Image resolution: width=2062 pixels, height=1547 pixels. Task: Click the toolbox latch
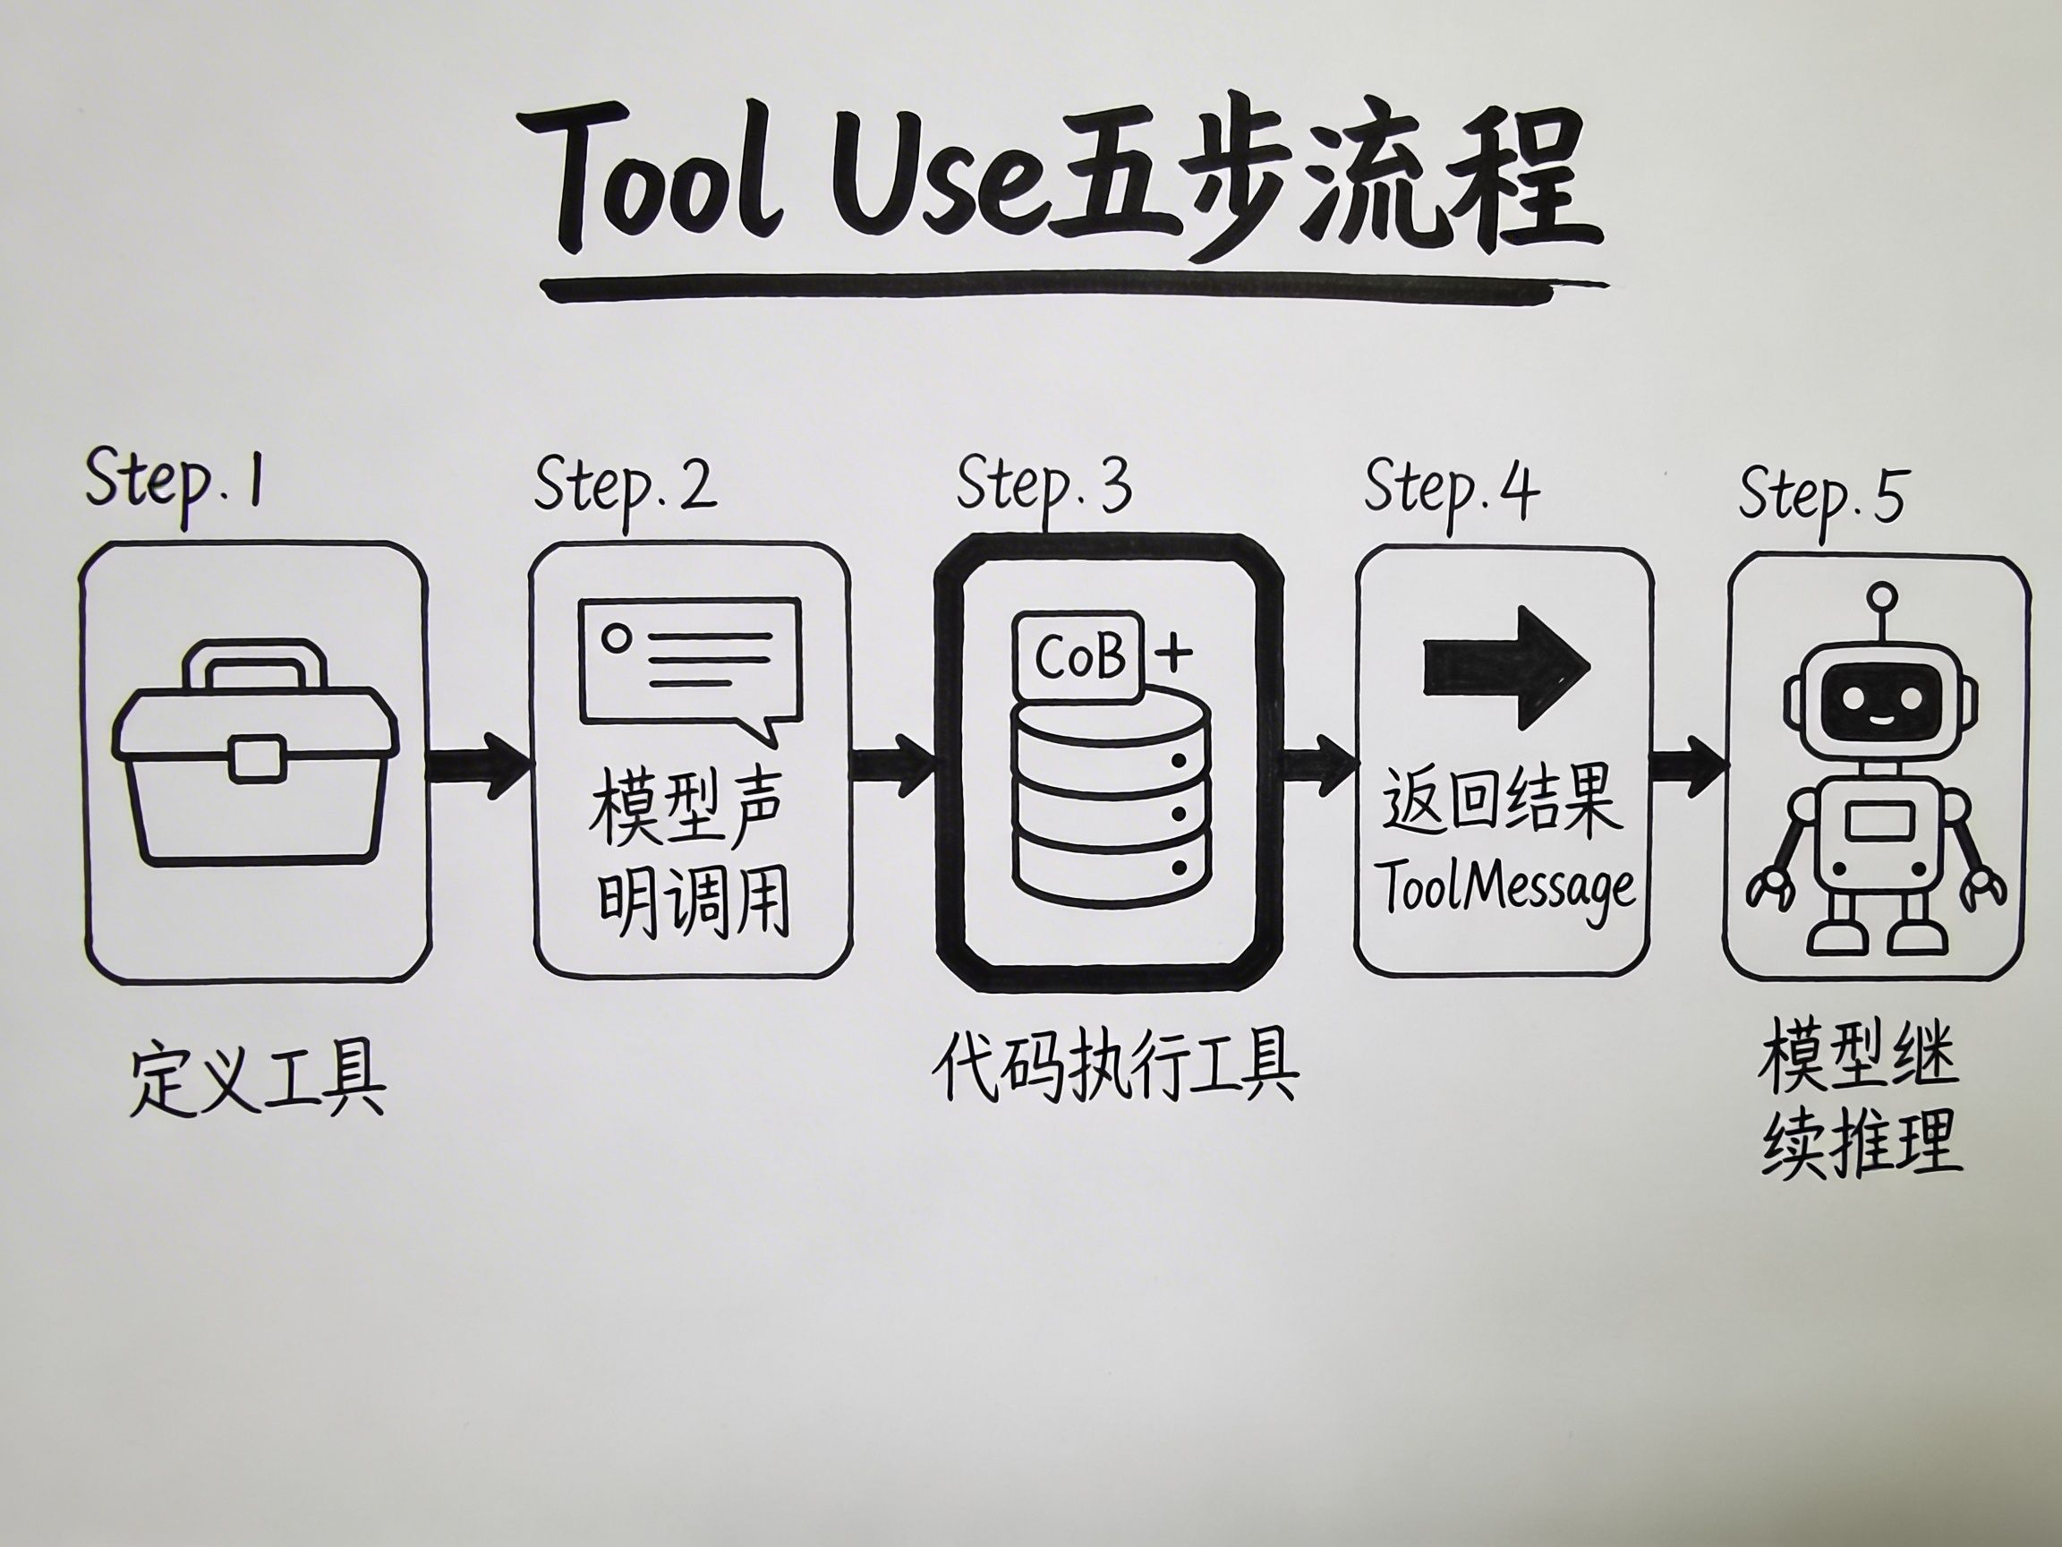pos(256,757)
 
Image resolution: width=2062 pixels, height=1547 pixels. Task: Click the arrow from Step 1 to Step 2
pos(477,765)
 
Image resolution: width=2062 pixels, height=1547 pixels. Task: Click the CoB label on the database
pos(1078,657)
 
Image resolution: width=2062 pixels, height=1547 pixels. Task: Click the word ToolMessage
pos(1506,888)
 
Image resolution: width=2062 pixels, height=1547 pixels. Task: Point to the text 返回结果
pos(1501,801)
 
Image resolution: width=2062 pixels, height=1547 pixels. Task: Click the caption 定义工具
pos(257,1081)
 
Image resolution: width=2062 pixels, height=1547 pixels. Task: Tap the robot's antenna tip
pos(1883,595)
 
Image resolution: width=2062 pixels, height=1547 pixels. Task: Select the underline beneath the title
pos(1072,288)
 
